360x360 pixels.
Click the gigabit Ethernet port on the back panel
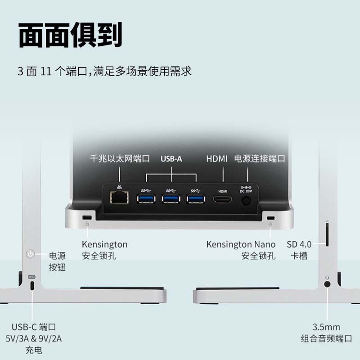(119, 197)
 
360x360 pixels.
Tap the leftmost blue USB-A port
(146, 199)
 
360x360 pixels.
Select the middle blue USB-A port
(171, 199)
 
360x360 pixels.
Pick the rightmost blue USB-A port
(196, 199)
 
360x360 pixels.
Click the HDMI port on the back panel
(222, 199)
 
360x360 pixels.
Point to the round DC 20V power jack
(246, 201)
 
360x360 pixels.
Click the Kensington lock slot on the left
(87, 217)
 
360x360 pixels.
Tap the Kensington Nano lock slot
(270, 218)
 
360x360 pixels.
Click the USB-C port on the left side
(32, 285)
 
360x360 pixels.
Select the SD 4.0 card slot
(327, 234)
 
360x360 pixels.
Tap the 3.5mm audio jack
(327, 284)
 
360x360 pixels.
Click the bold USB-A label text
(171, 159)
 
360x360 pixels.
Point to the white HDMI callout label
(216, 159)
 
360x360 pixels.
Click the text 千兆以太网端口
(120, 159)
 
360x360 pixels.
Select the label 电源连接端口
(260, 159)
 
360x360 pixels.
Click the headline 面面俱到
(70, 35)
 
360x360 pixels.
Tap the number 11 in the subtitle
(46, 71)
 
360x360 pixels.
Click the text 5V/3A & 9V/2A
(34, 339)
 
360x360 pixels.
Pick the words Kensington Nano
(241, 244)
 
